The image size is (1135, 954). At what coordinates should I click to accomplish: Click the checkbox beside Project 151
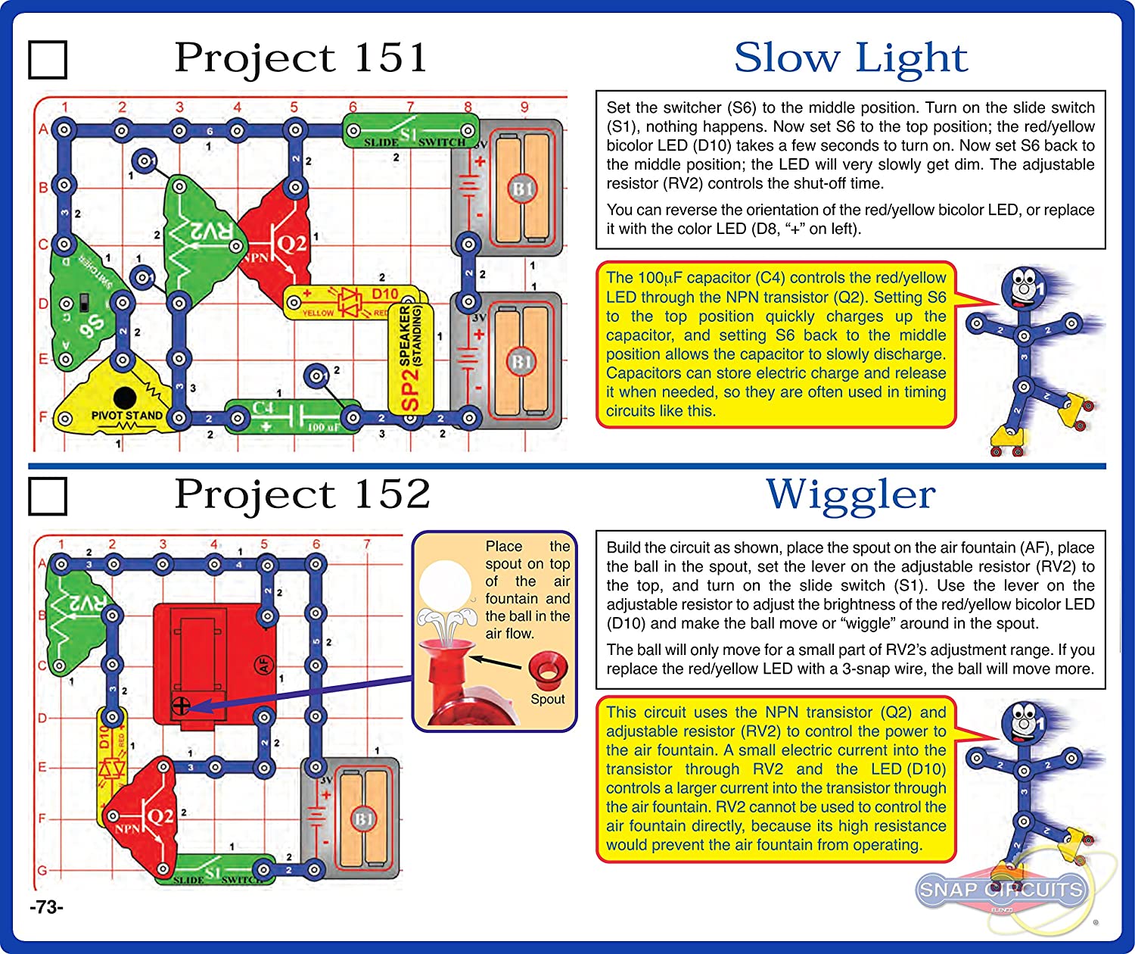coord(48,60)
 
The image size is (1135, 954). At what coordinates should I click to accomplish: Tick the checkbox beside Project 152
coord(48,496)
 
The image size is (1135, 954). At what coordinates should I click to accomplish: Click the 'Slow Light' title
coord(850,58)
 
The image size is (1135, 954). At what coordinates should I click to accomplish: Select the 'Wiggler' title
coord(850,495)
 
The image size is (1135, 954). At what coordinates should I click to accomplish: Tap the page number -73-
coord(47,907)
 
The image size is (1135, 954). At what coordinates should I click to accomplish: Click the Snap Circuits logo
coord(1000,890)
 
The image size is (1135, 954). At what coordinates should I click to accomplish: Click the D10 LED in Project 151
coord(352,301)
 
